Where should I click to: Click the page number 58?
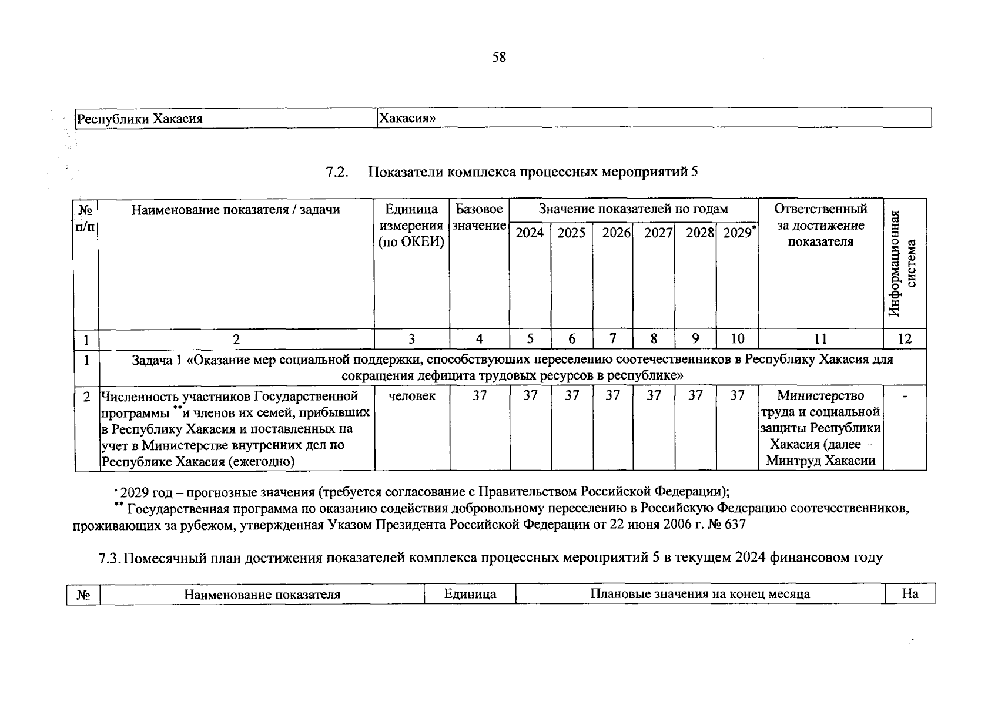pyautogui.click(x=498, y=57)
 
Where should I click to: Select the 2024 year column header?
pyautogui.click(x=530, y=233)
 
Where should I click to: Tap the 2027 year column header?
pyautogui.click(x=658, y=233)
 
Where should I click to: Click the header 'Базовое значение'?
pyautogui.click(x=480, y=217)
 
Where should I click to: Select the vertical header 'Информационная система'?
pyautogui.click(x=903, y=263)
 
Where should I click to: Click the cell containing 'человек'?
pyautogui.click(x=411, y=397)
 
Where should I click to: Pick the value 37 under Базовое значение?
pyautogui.click(x=480, y=397)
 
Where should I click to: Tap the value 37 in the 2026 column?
pyautogui.click(x=612, y=397)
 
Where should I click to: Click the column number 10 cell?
pyautogui.click(x=737, y=339)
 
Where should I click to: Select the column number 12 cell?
pyautogui.click(x=905, y=339)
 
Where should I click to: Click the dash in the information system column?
pyautogui.click(x=905, y=398)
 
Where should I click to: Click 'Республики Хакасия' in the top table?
pyautogui.click(x=140, y=119)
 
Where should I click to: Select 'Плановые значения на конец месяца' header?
pyautogui.click(x=700, y=594)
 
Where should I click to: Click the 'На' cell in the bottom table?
pyautogui.click(x=910, y=594)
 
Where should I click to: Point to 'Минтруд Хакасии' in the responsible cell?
pyautogui.click(x=820, y=461)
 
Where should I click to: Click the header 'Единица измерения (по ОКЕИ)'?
pyautogui.click(x=411, y=226)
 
